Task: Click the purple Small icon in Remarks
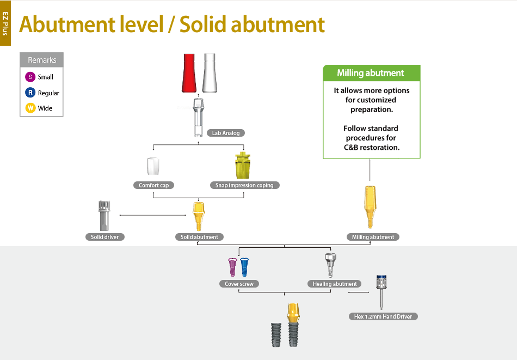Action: pyautogui.click(x=30, y=77)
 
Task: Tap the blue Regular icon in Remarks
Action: pyautogui.click(x=30, y=93)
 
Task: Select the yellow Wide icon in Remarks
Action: pyautogui.click(x=30, y=108)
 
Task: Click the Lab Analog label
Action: pyautogui.click(x=226, y=133)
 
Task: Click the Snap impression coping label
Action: pyautogui.click(x=244, y=185)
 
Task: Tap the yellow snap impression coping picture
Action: pyautogui.click(x=243, y=166)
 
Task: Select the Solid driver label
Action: pyautogui.click(x=104, y=237)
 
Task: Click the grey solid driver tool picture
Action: pyautogui.click(x=104, y=216)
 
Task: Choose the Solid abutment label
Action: pyautogui.click(x=199, y=237)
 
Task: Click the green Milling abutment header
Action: pyautogui.click(x=371, y=73)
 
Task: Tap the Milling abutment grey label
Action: pyautogui.click(x=373, y=237)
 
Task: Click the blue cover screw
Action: pyautogui.click(x=244, y=267)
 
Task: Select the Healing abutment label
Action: pyautogui.click(x=334, y=284)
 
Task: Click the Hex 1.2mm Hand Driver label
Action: pyautogui.click(x=383, y=316)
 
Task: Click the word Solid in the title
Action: pyautogui.click(x=203, y=25)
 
